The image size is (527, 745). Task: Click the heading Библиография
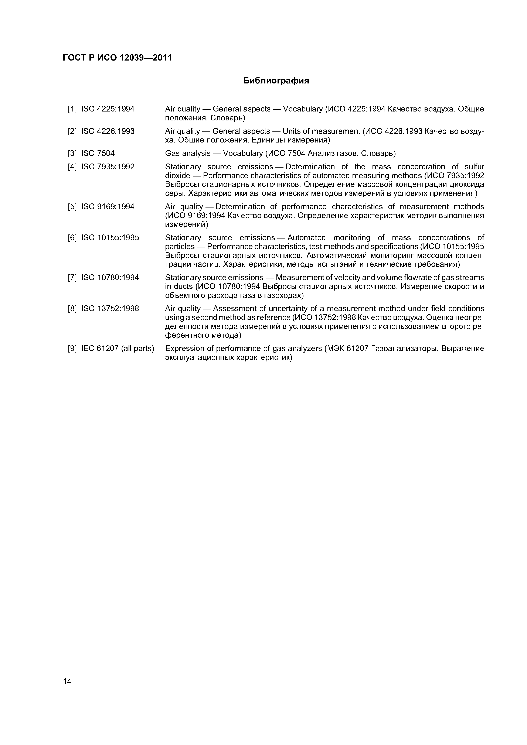276,80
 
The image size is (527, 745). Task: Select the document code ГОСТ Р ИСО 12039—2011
117,58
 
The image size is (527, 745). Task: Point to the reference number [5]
72,207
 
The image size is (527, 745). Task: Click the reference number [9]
72,349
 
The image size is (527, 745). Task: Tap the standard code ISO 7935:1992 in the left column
108,167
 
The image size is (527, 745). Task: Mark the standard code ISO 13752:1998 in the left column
110,309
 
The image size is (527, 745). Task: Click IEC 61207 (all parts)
118,349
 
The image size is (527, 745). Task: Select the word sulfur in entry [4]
474,167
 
